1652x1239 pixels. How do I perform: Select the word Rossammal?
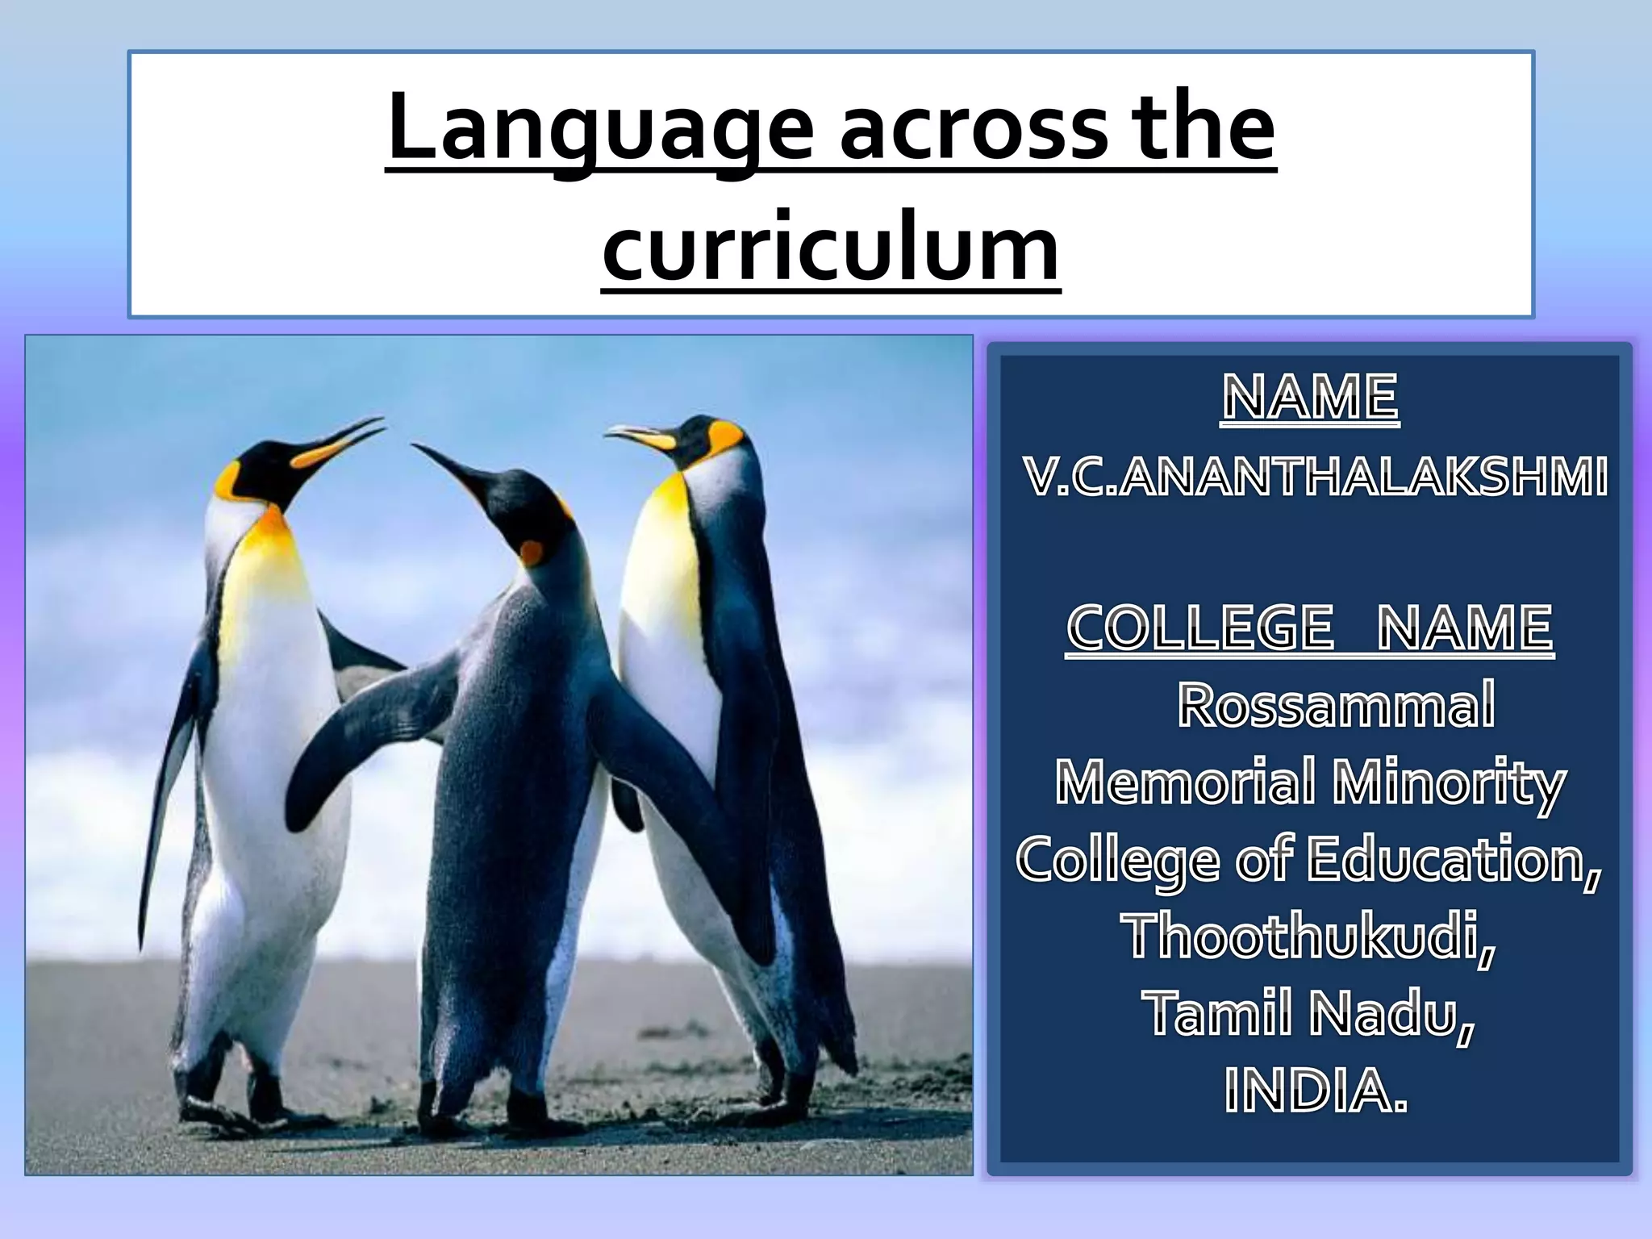[1335, 706]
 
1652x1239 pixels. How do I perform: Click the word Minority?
[1448, 783]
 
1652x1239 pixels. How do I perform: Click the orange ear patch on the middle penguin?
[531, 553]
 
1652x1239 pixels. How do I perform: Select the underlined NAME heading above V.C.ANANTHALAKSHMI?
[1310, 398]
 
